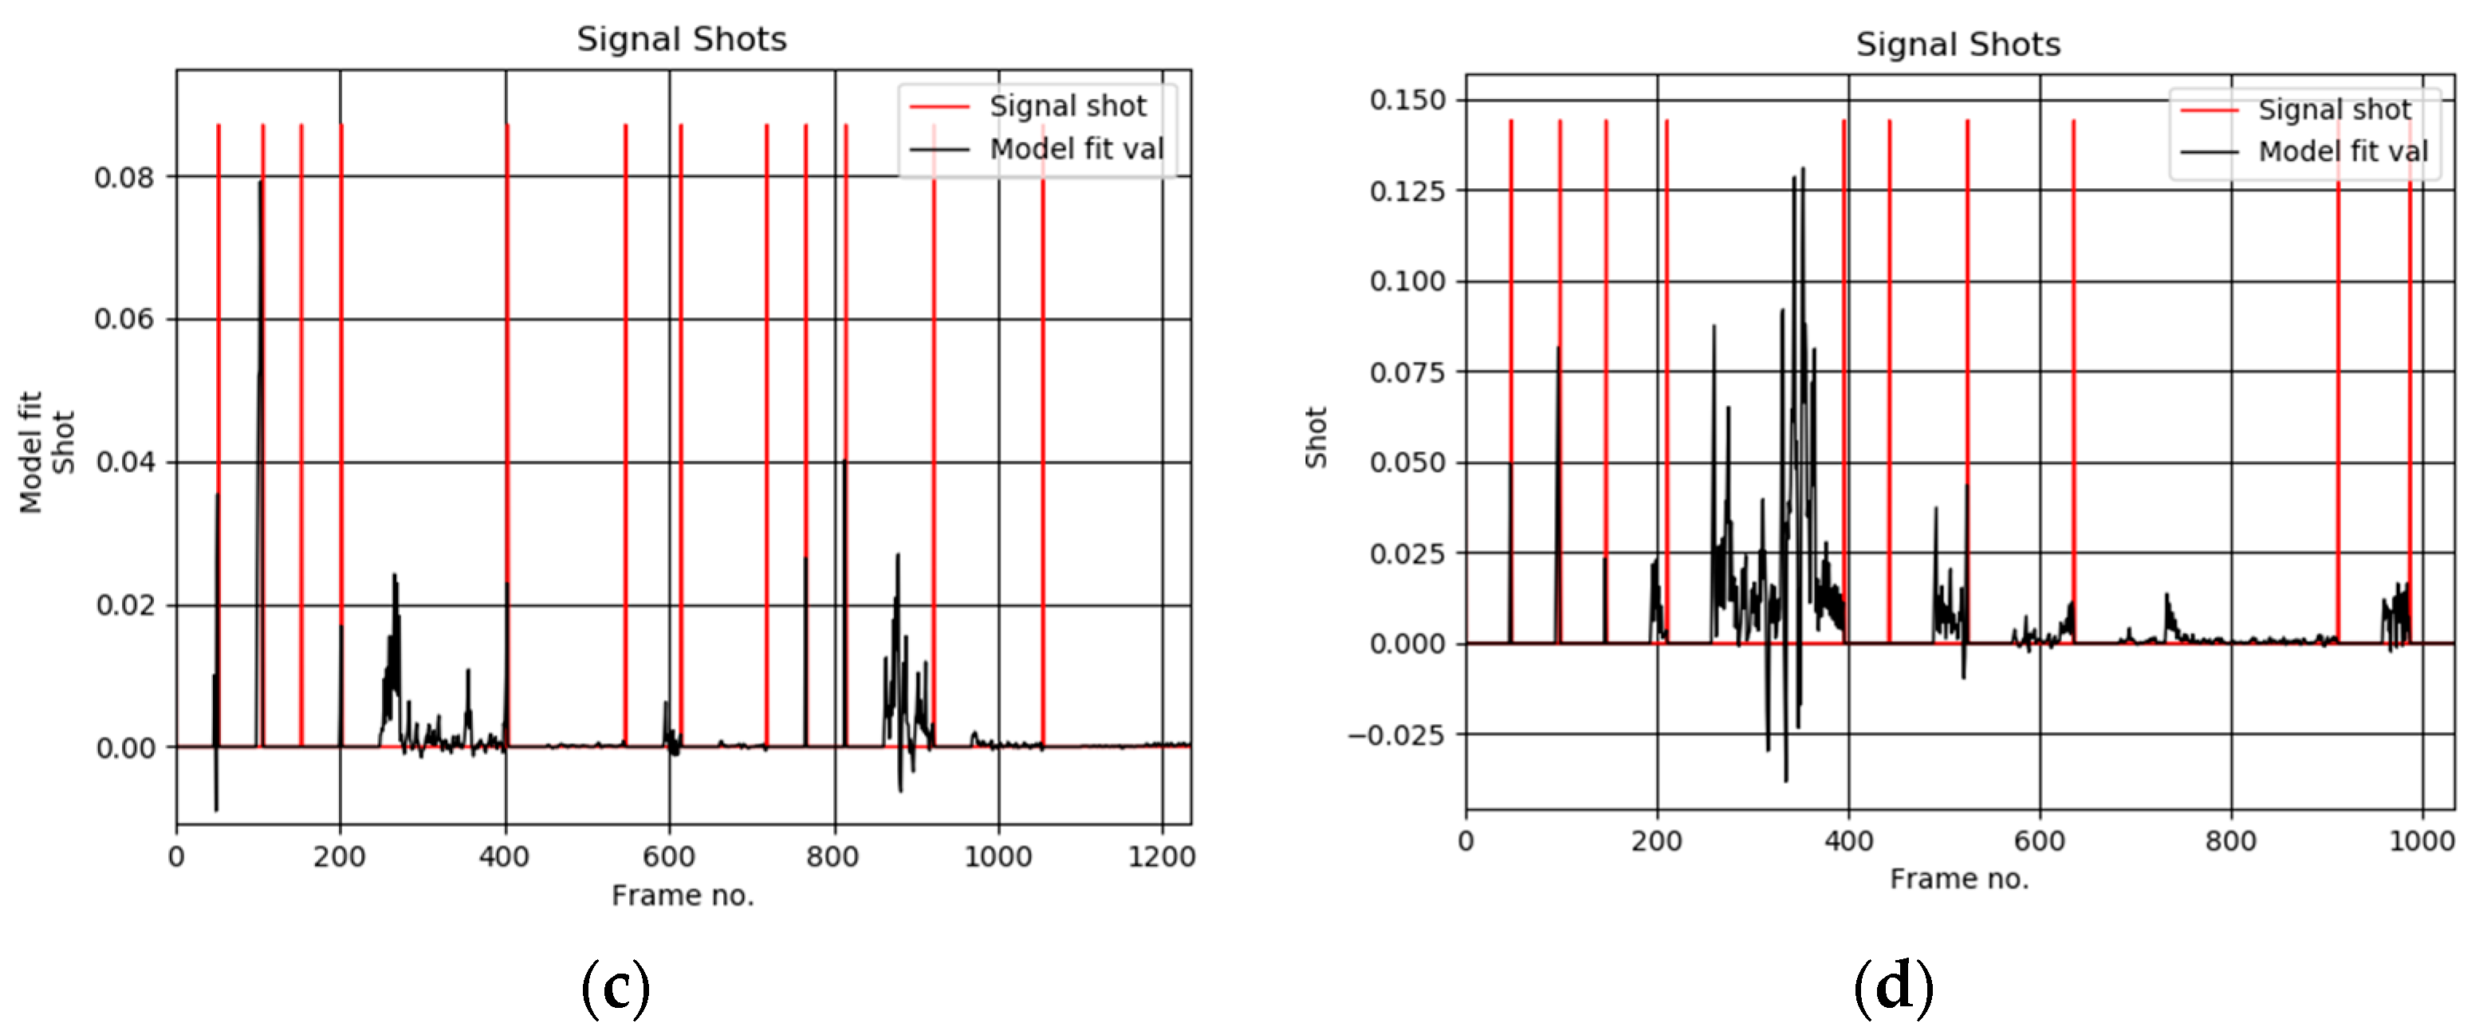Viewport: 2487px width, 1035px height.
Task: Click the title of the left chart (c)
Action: [682, 40]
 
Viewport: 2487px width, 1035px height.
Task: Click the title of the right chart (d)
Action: [1957, 45]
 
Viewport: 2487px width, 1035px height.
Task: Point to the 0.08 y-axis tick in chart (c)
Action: [124, 178]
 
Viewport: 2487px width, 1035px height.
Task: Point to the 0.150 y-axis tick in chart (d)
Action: [1407, 100]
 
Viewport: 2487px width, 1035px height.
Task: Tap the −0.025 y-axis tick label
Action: [1397, 734]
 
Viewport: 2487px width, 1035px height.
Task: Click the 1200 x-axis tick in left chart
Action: [1162, 856]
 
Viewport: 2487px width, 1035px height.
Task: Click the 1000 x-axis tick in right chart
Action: [2422, 841]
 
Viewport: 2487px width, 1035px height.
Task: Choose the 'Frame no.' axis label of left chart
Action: [683, 896]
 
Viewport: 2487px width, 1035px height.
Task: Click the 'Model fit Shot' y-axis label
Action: [45, 452]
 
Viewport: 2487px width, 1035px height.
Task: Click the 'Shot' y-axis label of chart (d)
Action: [1316, 438]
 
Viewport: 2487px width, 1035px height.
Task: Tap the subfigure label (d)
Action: [1892, 986]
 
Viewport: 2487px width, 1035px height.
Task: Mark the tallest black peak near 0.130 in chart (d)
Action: [1803, 170]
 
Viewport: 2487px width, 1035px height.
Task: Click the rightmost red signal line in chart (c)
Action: [1043, 435]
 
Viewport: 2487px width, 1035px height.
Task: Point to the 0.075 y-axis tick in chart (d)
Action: [1407, 372]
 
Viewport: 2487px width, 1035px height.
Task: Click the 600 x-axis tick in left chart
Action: [668, 856]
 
